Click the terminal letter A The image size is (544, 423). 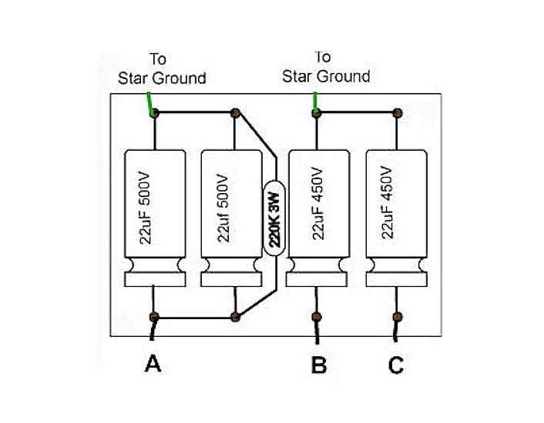[x=153, y=365]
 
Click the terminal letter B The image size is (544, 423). [x=317, y=366]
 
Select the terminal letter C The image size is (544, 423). [x=395, y=366]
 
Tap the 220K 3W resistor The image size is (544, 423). [x=274, y=218]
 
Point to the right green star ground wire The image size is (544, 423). [x=314, y=102]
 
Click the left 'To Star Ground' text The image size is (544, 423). [x=161, y=69]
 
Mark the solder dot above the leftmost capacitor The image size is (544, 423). [x=154, y=114]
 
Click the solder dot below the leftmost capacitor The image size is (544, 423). [x=154, y=316]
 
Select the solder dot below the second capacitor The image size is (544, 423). [x=235, y=316]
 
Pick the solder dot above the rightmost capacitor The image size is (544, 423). [x=398, y=113]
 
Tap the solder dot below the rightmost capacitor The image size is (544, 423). [x=398, y=316]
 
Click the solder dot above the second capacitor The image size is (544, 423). [x=235, y=114]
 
